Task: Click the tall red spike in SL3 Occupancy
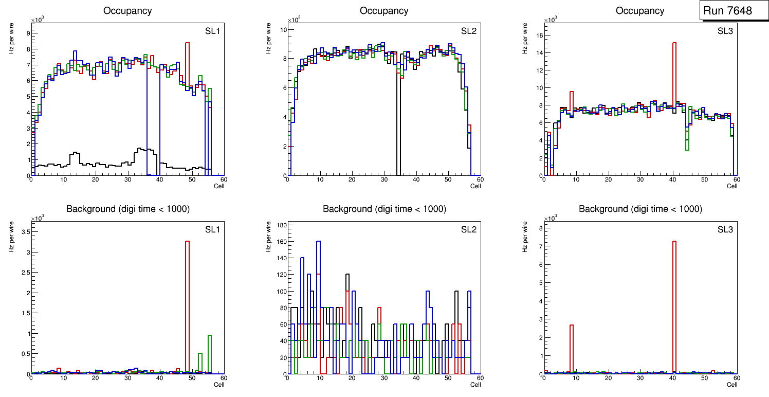click(674, 77)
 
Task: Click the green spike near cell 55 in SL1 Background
click(210, 355)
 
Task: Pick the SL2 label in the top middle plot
click(468, 31)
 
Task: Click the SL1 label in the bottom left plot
click(212, 229)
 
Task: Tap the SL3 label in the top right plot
click(725, 31)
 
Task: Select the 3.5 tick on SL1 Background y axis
click(24, 232)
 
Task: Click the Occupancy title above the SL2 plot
click(384, 11)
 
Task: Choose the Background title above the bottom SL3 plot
click(640, 209)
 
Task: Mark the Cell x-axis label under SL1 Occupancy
click(219, 186)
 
